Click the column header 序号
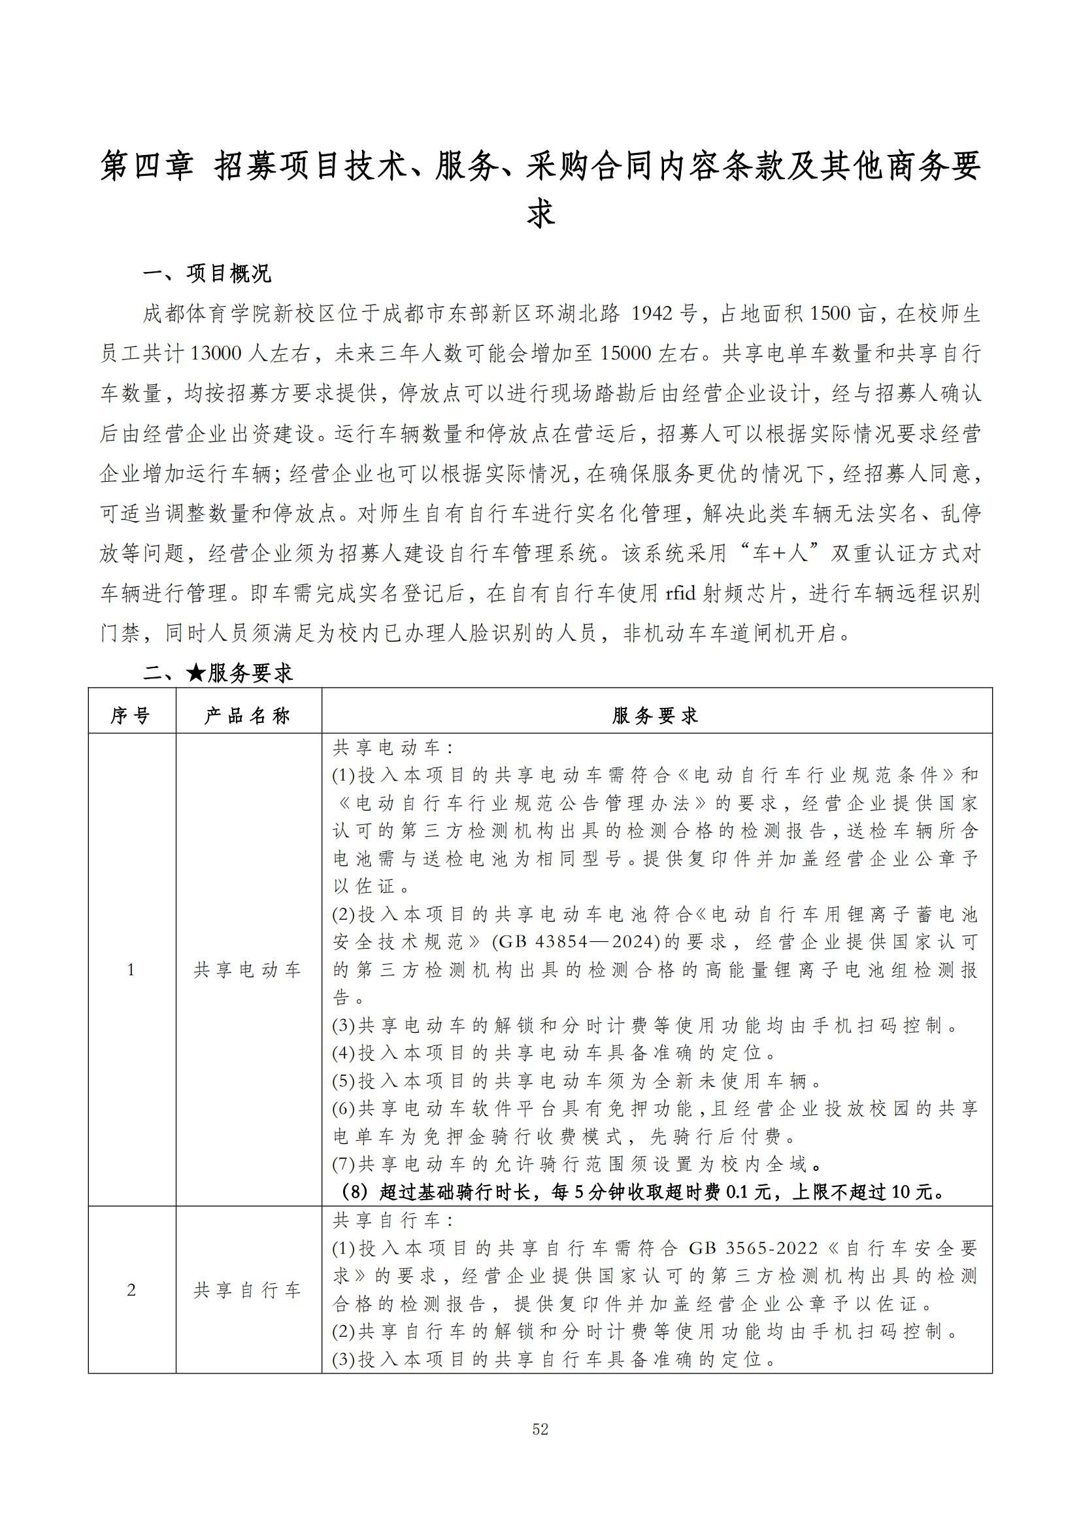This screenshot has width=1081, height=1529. [x=131, y=716]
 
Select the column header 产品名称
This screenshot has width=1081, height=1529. [x=248, y=716]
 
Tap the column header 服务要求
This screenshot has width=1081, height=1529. [x=656, y=716]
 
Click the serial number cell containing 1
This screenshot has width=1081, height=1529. [x=131, y=970]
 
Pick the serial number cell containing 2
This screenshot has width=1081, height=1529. [x=131, y=1290]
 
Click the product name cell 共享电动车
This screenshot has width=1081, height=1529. [x=248, y=970]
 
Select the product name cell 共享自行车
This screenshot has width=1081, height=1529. [x=248, y=1290]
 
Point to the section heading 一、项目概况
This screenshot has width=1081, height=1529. [x=207, y=273]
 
